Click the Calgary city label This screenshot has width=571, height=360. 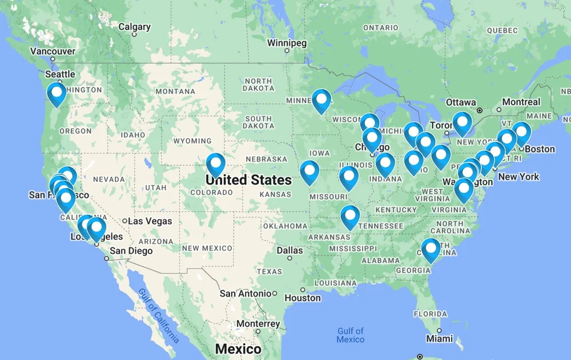pyautogui.click(x=134, y=27)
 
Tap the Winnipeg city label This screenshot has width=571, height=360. pyautogui.click(x=287, y=43)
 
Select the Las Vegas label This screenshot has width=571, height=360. pyautogui.click(x=150, y=221)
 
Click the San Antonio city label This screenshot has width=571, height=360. pyautogui.click(x=246, y=294)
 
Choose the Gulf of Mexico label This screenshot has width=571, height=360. pyautogui.click(x=350, y=335)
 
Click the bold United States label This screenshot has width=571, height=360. pyautogui.click(x=248, y=180)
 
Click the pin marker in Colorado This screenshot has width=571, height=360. pyautogui.click(x=215, y=165)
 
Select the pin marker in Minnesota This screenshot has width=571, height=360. pyautogui.click(x=321, y=101)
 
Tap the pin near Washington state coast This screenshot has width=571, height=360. pyautogui.click(x=57, y=94)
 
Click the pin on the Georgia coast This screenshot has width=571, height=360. pyautogui.click(x=431, y=249)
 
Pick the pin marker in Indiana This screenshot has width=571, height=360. pyautogui.click(x=385, y=164)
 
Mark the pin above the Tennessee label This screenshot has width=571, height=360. pyautogui.click(x=350, y=217)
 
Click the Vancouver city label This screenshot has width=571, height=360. pyautogui.click(x=53, y=51)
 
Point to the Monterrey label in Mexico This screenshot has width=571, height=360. pyautogui.click(x=258, y=324)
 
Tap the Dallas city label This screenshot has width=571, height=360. pyautogui.click(x=289, y=250)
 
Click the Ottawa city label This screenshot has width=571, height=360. pyautogui.click(x=461, y=102)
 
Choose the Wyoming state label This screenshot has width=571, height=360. pyautogui.click(x=192, y=141)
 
